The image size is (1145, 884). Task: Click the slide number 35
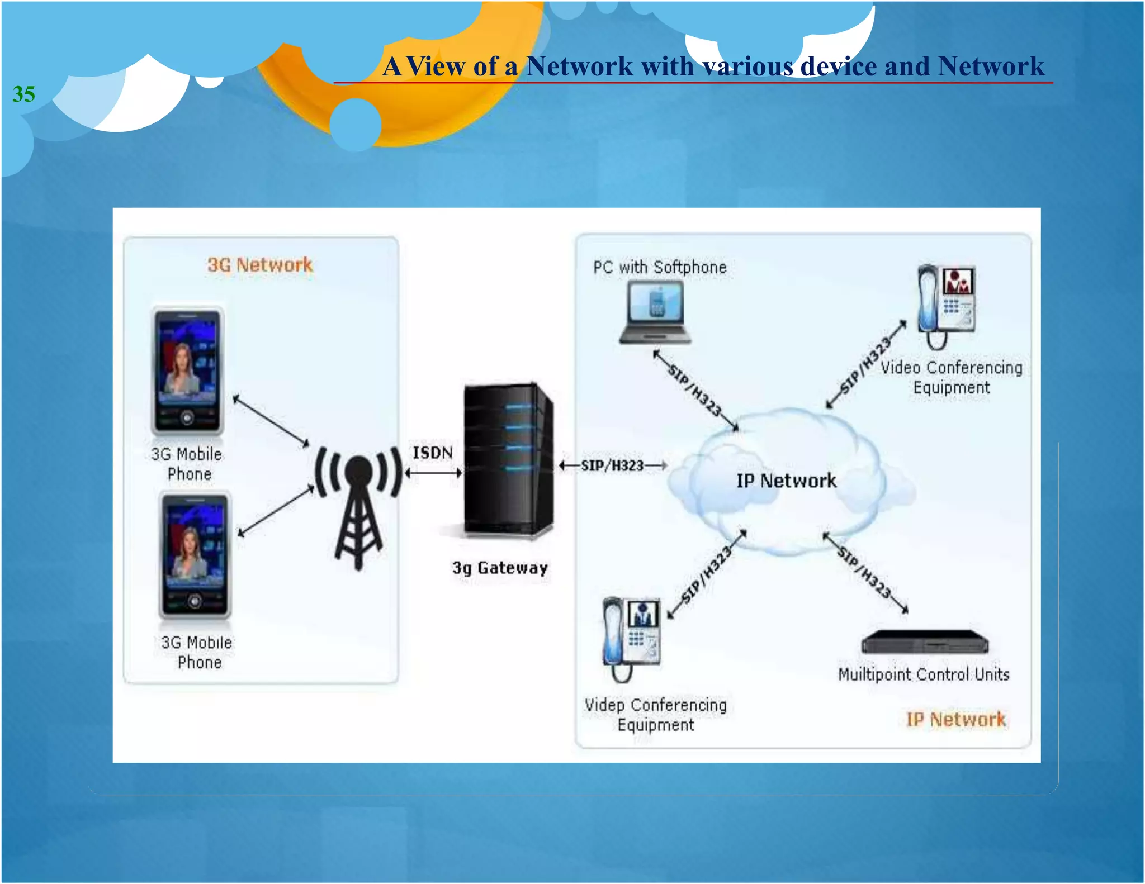23,94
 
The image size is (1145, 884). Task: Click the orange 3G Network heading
259,265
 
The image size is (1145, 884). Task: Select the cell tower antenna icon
358,506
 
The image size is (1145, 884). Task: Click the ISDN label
432,453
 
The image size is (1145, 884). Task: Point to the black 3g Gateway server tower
508,459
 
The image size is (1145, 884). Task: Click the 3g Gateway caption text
500,568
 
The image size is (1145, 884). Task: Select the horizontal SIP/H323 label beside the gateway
612,465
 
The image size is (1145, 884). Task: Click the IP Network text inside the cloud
786,481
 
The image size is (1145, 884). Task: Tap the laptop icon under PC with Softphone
655,312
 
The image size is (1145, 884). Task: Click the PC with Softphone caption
660,268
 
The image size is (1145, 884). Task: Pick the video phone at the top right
946,305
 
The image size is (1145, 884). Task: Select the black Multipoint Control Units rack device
925,642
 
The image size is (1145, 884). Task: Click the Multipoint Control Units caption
924,674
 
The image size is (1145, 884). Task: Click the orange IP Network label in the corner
955,720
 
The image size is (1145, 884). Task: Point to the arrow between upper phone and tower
271,421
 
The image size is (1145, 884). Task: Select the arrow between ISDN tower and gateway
433,473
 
